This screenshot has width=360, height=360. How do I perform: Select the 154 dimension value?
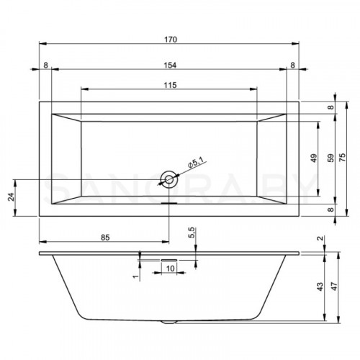[168, 65]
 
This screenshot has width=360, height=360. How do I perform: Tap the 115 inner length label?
[168, 85]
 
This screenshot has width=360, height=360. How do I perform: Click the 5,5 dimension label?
[192, 233]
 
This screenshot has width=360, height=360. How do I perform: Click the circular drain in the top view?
[168, 179]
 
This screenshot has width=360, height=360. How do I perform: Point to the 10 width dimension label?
[170, 269]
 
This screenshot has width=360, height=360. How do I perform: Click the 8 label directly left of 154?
[45, 65]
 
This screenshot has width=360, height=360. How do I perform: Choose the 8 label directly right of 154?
[292, 65]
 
